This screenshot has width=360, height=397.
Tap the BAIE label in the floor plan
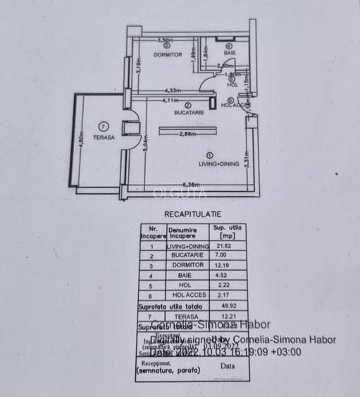[x=230, y=53]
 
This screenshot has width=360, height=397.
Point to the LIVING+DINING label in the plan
[x=218, y=164]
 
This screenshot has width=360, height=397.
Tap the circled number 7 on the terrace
[x=104, y=127]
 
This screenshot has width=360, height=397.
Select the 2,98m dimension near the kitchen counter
[x=187, y=133]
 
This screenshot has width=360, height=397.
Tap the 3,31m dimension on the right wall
[x=246, y=161]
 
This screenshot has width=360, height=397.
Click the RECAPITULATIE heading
[x=192, y=212]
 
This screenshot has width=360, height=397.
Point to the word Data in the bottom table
[x=228, y=367]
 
